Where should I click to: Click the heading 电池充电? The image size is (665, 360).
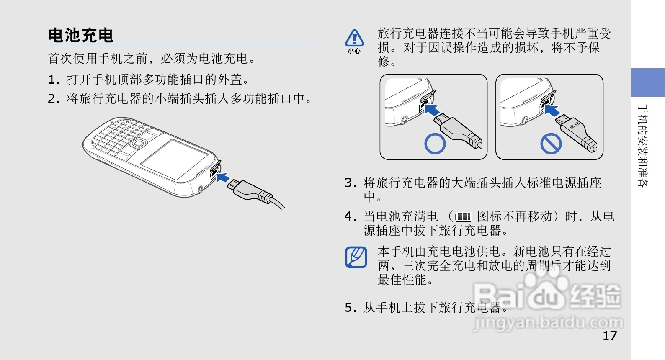81,35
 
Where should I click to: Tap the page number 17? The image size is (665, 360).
610,336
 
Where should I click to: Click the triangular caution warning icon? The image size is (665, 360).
354,38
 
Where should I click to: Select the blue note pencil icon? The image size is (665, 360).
356,257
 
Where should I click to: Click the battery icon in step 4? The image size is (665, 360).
463,217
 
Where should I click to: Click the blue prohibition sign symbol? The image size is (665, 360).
551,144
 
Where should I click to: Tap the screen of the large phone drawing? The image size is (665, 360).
174,159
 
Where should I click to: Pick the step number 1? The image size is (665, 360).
54,80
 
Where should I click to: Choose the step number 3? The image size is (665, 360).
350,183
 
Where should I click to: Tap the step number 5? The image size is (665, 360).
350,308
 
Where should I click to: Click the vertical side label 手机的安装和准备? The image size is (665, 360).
643,145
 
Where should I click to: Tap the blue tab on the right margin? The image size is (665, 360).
648,82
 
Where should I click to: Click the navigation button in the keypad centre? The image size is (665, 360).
138,143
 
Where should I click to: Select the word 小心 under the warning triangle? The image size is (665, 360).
354,51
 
